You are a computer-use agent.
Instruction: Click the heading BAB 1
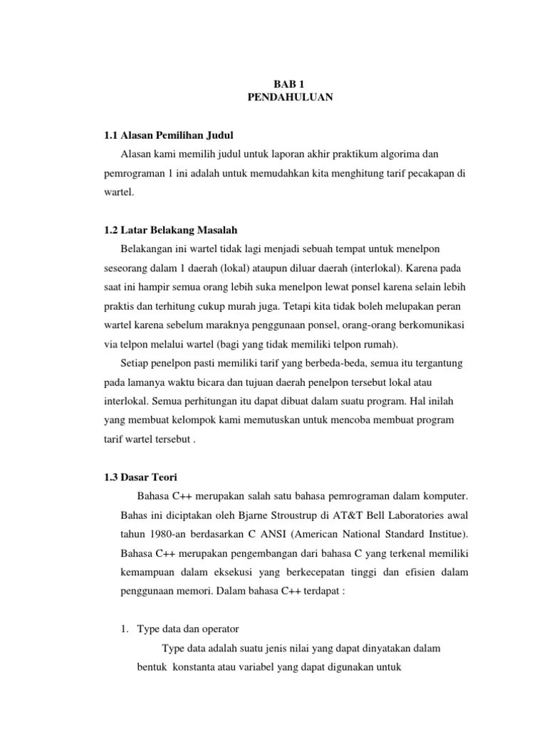[290, 84]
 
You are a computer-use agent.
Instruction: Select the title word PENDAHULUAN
[290, 98]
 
